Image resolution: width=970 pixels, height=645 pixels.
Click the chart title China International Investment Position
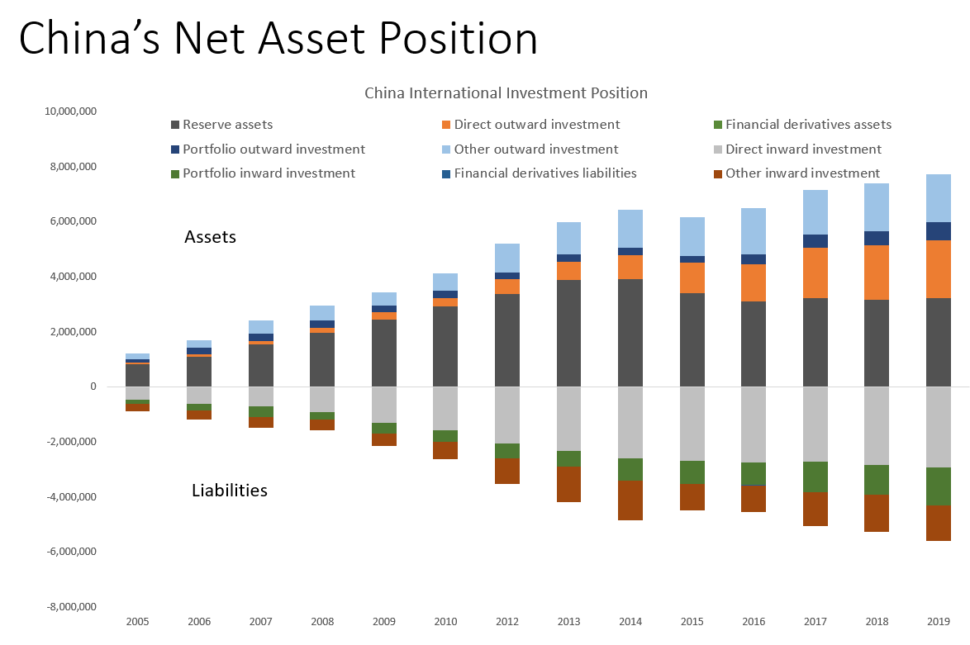pyautogui.click(x=506, y=92)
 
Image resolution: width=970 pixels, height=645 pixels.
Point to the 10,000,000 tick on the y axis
pyautogui.click(x=69, y=111)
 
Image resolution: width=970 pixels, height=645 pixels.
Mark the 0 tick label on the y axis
pyautogui.click(x=93, y=387)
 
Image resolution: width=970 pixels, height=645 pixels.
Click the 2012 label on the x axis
pyautogui.click(x=506, y=620)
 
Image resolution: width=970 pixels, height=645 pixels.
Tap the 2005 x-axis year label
pyautogui.click(x=137, y=620)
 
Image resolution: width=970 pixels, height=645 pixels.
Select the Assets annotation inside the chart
pyautogui.click(x=210, y=238)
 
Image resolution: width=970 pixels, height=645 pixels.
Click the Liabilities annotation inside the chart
pyautogui.click(x=230, y=491)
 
